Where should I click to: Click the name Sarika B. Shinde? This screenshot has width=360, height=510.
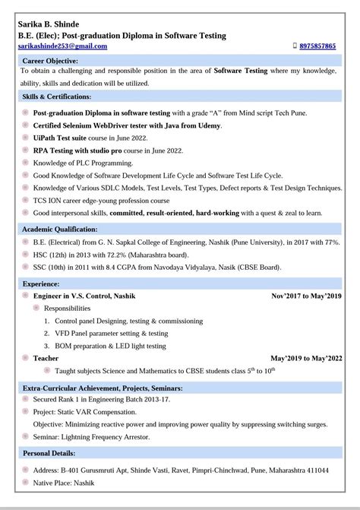[x=48, y=24]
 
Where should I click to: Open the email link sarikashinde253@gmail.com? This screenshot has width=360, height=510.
[x=62, y=46]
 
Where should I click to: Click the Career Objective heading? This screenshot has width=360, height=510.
[x=50, y=60]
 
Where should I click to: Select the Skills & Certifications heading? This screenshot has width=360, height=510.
[x=57, y=97]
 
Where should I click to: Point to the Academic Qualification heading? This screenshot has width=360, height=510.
[x=60, y=228]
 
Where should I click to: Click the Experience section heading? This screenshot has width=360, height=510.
[x=41, y=283]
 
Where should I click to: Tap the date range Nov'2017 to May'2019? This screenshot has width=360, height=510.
[x=306, y=296]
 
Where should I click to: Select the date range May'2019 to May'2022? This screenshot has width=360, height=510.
[x=306, y=357]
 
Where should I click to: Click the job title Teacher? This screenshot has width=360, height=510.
[x=46, y=357]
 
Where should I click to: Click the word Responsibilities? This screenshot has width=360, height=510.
[x=67, y=309]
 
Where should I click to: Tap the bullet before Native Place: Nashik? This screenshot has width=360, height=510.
[x=26, y=483]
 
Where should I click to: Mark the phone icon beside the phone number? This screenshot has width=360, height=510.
[x=295, y=46]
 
